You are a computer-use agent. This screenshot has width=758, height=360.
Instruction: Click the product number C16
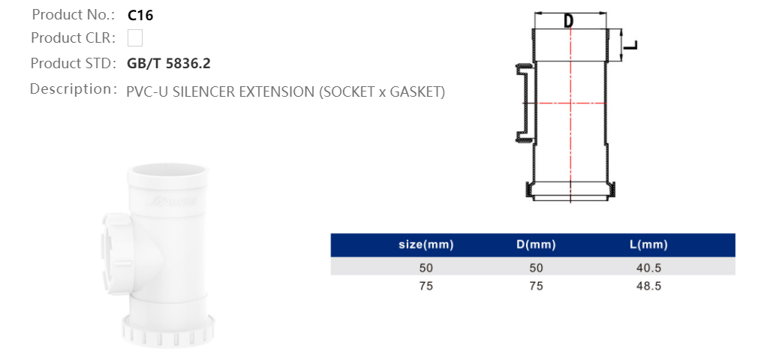140,14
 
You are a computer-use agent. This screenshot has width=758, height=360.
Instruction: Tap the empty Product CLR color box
135,38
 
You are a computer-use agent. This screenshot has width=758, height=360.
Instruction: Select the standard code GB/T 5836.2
169,64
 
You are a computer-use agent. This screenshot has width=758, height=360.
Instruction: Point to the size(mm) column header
426,245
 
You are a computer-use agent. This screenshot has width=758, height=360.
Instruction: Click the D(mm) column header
535,245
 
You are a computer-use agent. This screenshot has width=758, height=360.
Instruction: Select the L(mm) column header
648,245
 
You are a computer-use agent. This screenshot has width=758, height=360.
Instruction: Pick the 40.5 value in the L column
648,267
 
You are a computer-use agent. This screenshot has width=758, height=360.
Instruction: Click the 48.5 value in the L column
648,286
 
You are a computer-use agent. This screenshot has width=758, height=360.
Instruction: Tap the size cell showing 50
426,267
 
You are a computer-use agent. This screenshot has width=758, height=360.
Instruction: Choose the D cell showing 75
535,286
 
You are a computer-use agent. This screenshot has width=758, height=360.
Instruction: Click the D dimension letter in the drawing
569,21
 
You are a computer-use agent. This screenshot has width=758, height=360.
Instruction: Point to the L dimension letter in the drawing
632,45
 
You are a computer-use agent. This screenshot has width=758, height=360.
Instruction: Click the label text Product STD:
73,64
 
